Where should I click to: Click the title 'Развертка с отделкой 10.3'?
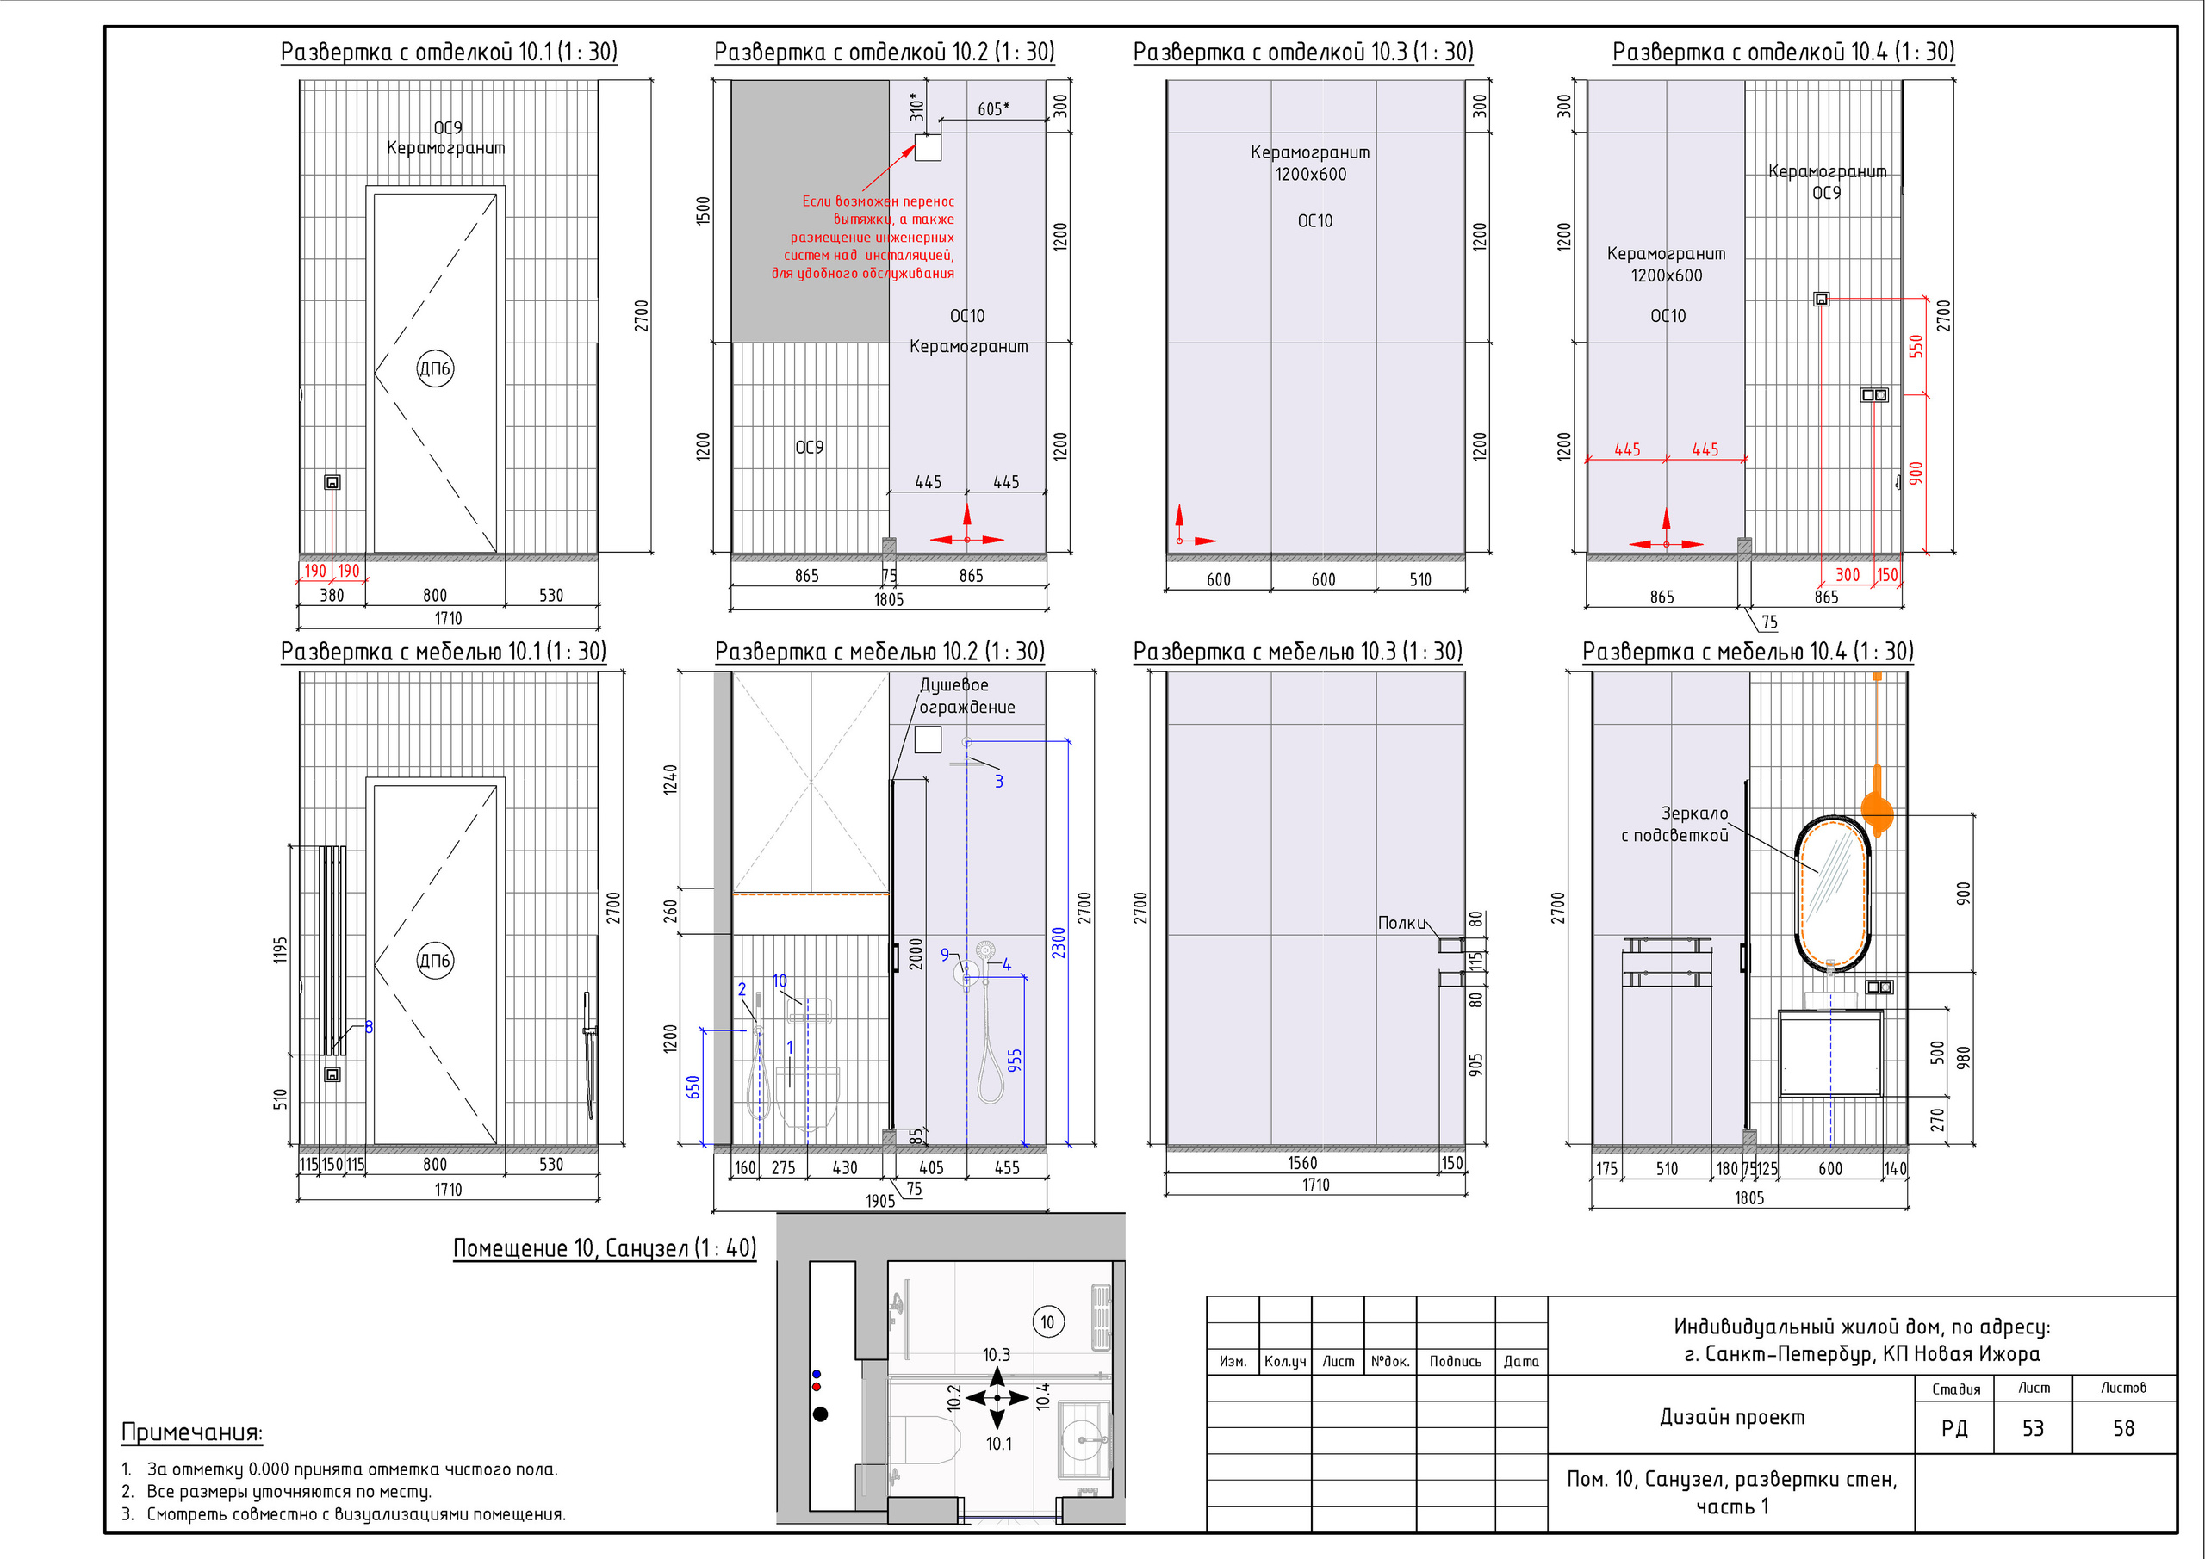point(1302,52)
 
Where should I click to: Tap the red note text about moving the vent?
point(863,237)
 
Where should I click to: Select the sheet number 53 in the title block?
point(2032,1428)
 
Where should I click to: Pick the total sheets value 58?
point(2123,1428)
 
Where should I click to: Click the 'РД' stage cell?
point(1954,1428)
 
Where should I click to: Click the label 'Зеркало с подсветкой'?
point(1675,825)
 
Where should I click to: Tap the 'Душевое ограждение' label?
point(967,696)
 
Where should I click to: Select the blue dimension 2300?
point(1059,943)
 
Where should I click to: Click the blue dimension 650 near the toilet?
point(693,1087)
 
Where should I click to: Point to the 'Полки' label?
point(1402,923)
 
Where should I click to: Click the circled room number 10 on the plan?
point(1047,1322)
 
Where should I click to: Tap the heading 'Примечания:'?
point(192,1432)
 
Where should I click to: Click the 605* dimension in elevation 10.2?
point(994,109)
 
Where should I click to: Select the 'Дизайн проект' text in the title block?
point(1732,1417)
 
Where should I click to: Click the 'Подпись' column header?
point(1455,1361)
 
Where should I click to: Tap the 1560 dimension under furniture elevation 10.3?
point(1302,1162)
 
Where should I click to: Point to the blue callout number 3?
point(999,782)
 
